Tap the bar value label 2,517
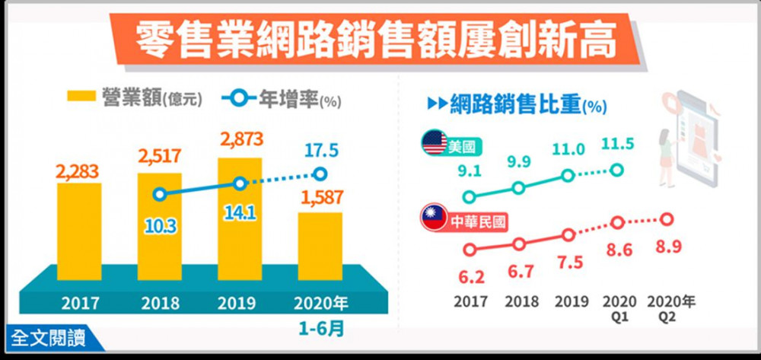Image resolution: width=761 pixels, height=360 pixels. click(159, 157)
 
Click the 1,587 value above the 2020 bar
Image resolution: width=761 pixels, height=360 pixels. click(319, 199)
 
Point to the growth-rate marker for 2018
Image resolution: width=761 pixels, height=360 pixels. click(159, 194)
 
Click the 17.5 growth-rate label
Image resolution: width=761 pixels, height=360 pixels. click(320, 149)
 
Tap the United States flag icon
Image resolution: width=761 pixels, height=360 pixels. click(435, 143)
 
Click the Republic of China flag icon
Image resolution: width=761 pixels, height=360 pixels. click(434, 221)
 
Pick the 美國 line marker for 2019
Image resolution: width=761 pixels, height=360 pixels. click(568, 176)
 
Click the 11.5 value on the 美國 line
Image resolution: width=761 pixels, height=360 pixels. click(618, 145)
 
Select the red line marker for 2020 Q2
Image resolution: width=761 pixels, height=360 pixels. click(667, 220)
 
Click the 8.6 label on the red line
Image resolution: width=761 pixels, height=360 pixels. click(618, 250)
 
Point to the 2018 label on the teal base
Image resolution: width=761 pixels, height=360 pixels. click(160, 304)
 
